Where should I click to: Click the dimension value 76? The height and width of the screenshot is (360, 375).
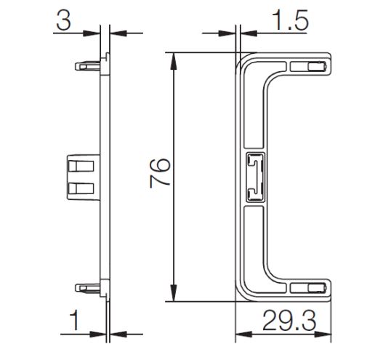[x=160, y=173]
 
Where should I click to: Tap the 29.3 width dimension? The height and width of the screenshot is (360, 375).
[x=289, y=321]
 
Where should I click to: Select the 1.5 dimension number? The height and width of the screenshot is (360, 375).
[x=290, y=20]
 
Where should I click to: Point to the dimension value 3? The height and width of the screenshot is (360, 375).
[x=64, y=20]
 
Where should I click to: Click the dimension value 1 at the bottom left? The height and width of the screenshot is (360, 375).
[x=75, y=321]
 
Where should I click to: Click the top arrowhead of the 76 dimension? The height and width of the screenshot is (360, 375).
[x=174, y=61]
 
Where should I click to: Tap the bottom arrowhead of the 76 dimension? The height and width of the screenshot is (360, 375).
[x=174, y=293]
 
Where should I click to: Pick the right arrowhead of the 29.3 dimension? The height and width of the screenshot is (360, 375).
[x=323, y=335]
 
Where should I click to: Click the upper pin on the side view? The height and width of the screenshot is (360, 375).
[x=87, y=66]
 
